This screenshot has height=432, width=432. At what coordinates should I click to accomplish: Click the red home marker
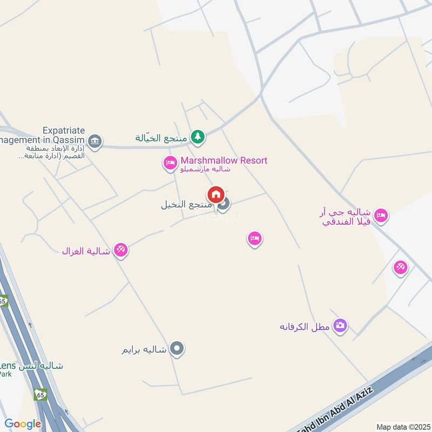point(215,194)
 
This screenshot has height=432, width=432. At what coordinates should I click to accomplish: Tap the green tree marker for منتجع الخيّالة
point(198,137)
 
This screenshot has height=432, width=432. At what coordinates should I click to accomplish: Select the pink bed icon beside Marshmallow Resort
point(170,162)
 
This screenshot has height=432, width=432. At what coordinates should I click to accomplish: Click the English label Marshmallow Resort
point(224,160)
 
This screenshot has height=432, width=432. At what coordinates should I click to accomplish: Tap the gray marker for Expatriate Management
point(95,141)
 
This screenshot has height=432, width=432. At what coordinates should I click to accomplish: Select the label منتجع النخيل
point(181,205)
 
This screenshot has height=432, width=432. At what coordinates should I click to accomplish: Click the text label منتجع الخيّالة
point(161,138)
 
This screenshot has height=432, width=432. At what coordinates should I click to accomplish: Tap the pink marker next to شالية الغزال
point(121,250)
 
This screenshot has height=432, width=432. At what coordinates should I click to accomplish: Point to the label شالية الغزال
point(86,251)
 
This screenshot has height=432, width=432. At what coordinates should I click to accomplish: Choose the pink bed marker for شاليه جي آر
point(381,215)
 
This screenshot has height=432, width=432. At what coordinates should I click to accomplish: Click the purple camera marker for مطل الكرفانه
point(340,326)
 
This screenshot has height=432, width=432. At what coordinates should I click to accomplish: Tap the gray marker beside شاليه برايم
point(177,349)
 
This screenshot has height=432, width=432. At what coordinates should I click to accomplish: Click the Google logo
point(23,424)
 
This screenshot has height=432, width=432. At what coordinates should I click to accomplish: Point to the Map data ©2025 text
point(402,427)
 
